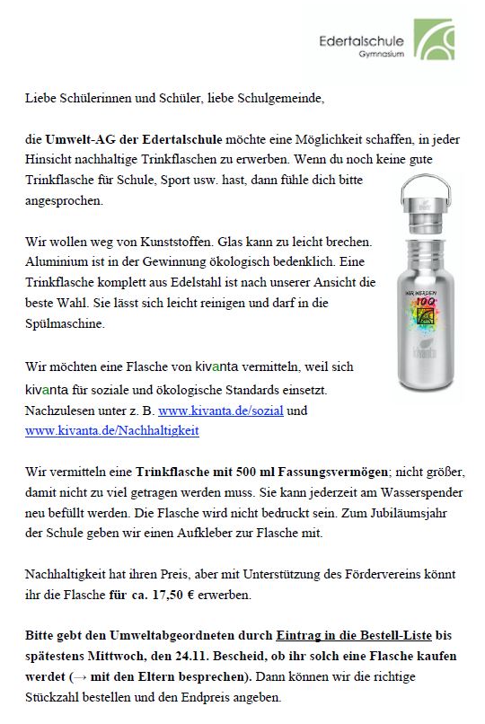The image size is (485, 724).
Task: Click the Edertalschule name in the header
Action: click(x=362, y=41)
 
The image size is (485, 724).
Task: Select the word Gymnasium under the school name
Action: click(x=381, y=56)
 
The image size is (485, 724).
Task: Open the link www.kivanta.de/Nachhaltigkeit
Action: click(x=112, y=430)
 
